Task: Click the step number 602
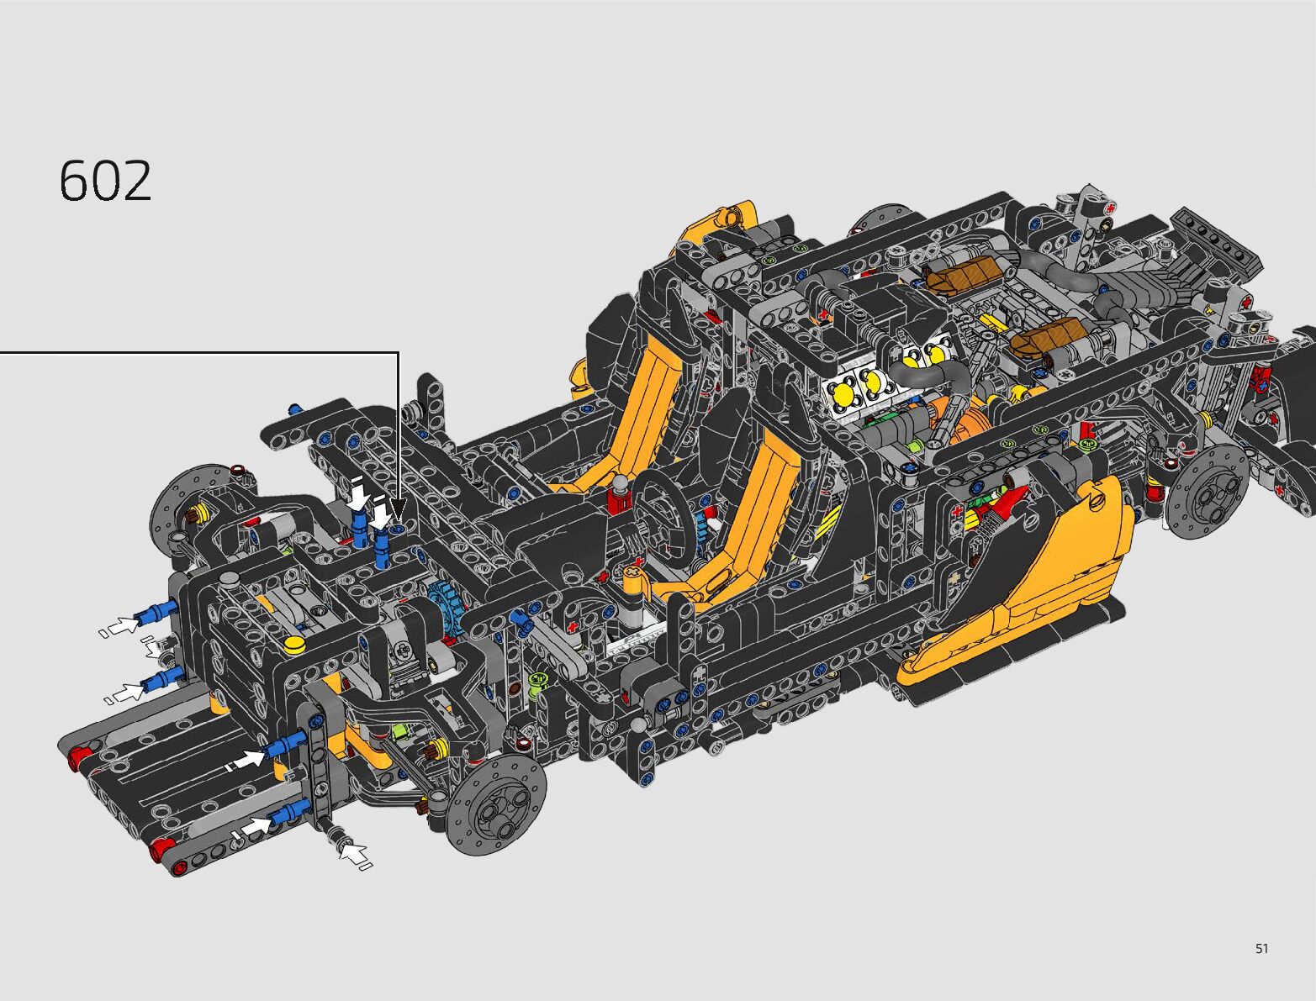(105, 181)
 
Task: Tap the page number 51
(1261, 948)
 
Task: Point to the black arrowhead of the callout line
(398, 506)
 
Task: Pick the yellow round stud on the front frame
(294, 645)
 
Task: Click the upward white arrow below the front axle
(354, 854)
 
